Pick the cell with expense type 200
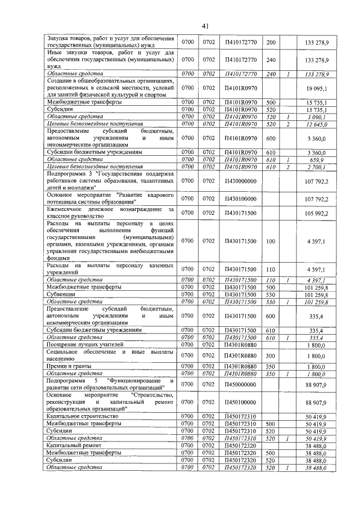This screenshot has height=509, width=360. [271, 42]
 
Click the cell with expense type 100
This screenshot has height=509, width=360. [271, 241]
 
